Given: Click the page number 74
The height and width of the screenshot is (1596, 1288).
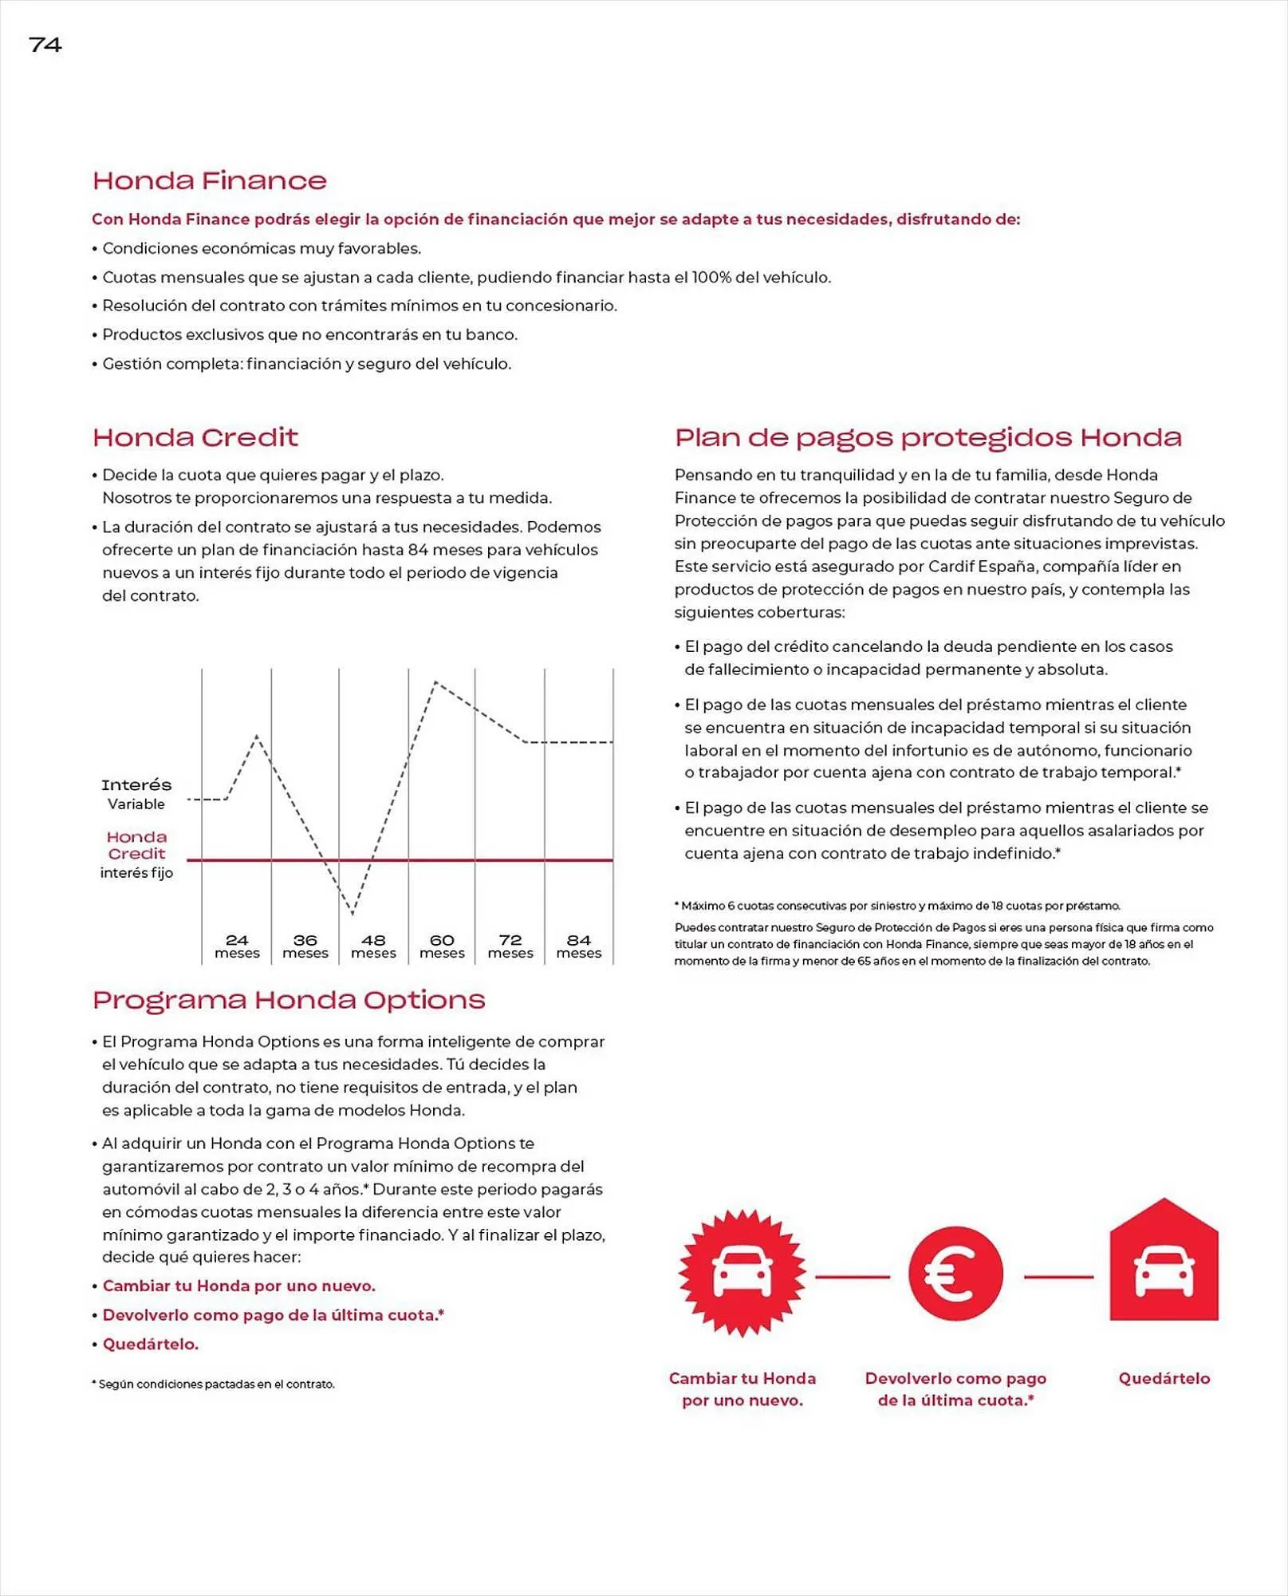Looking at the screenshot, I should click(x=45, y=45).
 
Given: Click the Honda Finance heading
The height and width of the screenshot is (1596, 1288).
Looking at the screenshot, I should click(x=209, y=180).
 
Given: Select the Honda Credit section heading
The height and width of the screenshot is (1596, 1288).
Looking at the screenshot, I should click(x=195, y=437).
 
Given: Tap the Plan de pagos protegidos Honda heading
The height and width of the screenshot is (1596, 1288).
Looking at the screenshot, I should click(x=928, y=437).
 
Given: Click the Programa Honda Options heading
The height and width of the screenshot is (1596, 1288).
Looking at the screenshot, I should click(x=288, y=1000).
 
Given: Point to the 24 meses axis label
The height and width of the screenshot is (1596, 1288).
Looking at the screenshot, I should click(x=237, y=946).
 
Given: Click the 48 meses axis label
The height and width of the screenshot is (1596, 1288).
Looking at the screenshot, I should click(x=373, y=946).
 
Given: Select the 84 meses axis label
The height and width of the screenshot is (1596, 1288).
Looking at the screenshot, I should click(x=578, y=946).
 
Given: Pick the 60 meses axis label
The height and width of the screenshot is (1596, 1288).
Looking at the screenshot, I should click(x=442, y=946).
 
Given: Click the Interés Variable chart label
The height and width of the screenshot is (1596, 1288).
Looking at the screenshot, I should click(x=136, y=793).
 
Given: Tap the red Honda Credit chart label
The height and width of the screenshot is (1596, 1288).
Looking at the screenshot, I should click(x=136, y=845).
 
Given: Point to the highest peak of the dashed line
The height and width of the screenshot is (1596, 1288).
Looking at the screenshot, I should click(x=435, y=682).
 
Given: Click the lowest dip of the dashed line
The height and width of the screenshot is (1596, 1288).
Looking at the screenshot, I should click(x=353, y=913).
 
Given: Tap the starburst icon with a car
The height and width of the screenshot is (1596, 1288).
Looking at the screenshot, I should click(x=742, y=1273).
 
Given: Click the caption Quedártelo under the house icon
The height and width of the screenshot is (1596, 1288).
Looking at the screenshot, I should click(x=1164, y=1378).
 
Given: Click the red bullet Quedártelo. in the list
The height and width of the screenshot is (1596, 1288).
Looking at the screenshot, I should click(x=151, y=1344).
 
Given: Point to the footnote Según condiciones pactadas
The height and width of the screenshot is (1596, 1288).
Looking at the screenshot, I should click(x=215, y=1384).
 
